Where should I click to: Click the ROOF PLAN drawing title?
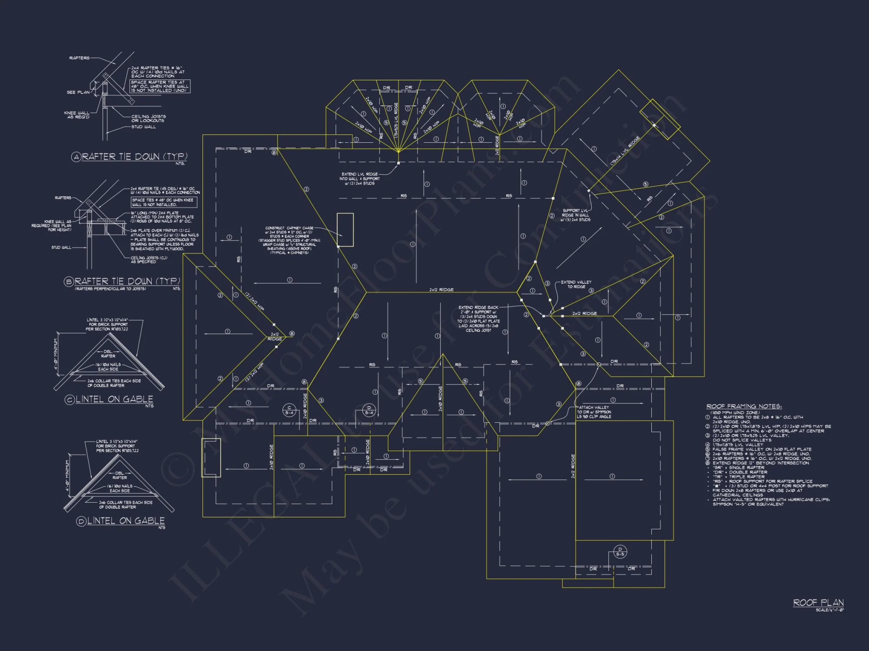coord(818,602)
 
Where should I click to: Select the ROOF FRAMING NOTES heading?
coord(744,406)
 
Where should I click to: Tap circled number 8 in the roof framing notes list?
coord(708,463)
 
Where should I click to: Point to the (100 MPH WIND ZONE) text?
coord(735,412)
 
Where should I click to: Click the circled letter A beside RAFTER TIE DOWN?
coord(76,157)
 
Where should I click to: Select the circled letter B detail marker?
coord(69,282)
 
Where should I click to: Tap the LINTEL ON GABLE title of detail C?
coord(114,399)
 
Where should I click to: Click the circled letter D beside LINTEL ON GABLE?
coord(81,521)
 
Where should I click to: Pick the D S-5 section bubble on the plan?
coord(620,552)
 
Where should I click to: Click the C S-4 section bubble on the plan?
coord(289,410)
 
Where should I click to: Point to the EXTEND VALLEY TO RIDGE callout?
coord(576,284)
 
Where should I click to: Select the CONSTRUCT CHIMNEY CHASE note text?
coord(289,240)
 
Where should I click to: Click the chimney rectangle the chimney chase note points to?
coord(345,230)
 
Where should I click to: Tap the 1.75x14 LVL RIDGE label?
coord(625,151)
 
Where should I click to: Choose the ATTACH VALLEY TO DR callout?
coord(594,412)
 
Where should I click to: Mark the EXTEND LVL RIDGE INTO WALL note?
coord(359,178)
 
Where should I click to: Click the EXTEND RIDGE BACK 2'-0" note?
coord(478,319)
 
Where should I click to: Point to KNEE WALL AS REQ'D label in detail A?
coord(77,115)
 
